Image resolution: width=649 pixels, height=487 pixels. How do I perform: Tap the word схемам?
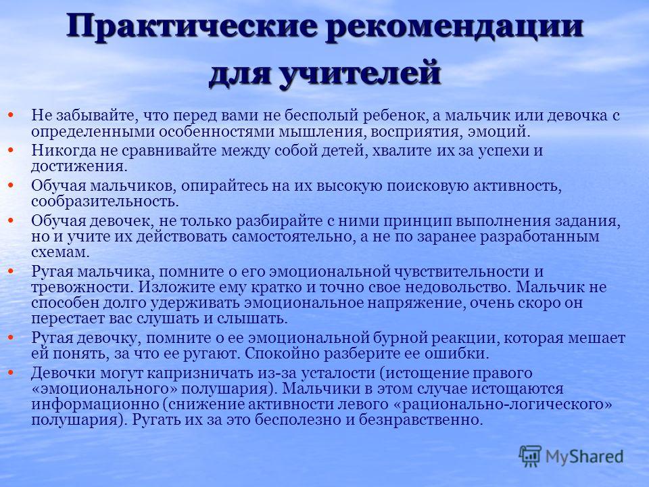pos(60,252)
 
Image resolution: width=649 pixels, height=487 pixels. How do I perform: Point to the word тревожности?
pos(82,287)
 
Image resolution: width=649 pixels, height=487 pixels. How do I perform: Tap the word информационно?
pos(95,404)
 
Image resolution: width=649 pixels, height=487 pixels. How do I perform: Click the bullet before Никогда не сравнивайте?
pos(11,150)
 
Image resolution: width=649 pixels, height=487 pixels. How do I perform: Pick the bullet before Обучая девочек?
pos(11,221)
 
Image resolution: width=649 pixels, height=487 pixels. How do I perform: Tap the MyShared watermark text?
pos(584,457)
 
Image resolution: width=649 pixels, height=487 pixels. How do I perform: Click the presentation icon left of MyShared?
pos(530,457)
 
